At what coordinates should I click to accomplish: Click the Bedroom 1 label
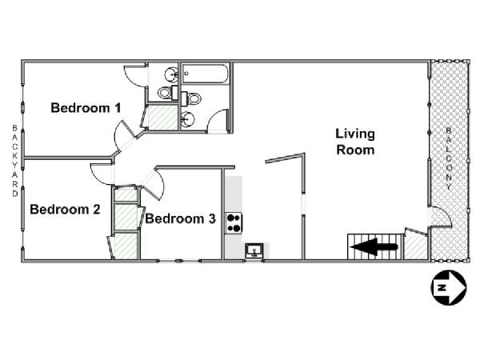click(86, 108)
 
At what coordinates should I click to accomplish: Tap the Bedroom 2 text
click(65, 210)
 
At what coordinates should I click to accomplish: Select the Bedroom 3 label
click(180, 218)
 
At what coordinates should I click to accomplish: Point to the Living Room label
click(355, 142)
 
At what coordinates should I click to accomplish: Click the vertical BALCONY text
click(449, 158)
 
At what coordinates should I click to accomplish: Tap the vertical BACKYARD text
click(15, 161)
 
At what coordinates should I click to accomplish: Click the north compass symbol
click(449, 287)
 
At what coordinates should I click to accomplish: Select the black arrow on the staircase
click(374, 246)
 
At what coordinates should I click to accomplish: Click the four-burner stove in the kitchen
click(234, 222)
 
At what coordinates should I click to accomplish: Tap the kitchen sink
click(254, 251)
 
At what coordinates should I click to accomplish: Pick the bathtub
click(205, 74)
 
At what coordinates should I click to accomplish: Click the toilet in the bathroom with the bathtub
click(191, 98)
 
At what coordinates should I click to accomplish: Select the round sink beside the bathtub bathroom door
click(187, 119)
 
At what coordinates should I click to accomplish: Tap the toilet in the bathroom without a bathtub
click(168, 93)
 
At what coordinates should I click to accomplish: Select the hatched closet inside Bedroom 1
click(162, 118)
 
